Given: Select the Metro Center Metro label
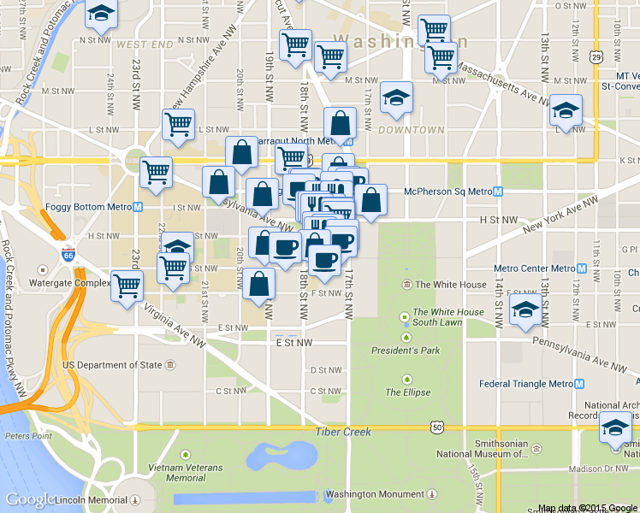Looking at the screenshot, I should [533, 268].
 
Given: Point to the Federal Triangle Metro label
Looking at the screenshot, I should [525, 384].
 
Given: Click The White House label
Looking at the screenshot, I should [450, 285].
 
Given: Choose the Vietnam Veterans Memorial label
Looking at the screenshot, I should [187, 473].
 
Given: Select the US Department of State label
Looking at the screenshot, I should [112, 365].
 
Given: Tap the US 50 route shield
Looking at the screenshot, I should [437, 426].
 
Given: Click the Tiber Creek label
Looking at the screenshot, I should [343, 432].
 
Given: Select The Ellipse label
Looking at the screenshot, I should [407, 392].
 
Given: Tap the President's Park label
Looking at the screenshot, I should [406, 351].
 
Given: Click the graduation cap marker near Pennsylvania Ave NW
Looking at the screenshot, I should [524, 310].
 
